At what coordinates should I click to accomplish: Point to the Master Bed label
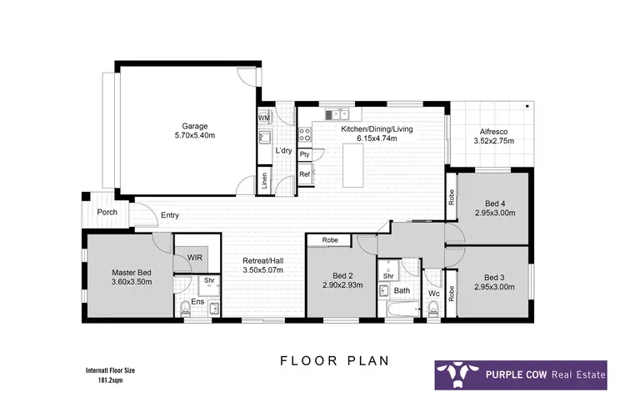click(132, 273)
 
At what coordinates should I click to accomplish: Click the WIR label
click(195, 258)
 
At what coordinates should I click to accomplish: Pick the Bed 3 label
click(494, 277)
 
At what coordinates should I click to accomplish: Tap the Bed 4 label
click(494, 203)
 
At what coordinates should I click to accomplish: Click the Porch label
click(107, 212)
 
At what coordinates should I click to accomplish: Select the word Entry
click(170, 215)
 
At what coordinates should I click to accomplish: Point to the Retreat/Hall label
click(262, 259)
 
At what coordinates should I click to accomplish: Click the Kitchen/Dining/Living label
click(377, 129)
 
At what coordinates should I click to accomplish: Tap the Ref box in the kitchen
click(305, 174)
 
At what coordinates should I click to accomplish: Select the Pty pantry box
click(305, 154)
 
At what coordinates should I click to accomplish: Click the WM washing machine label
click(263, 118)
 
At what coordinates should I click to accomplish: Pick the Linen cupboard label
click(264, 179)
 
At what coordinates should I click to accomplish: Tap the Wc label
click(432, 294)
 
